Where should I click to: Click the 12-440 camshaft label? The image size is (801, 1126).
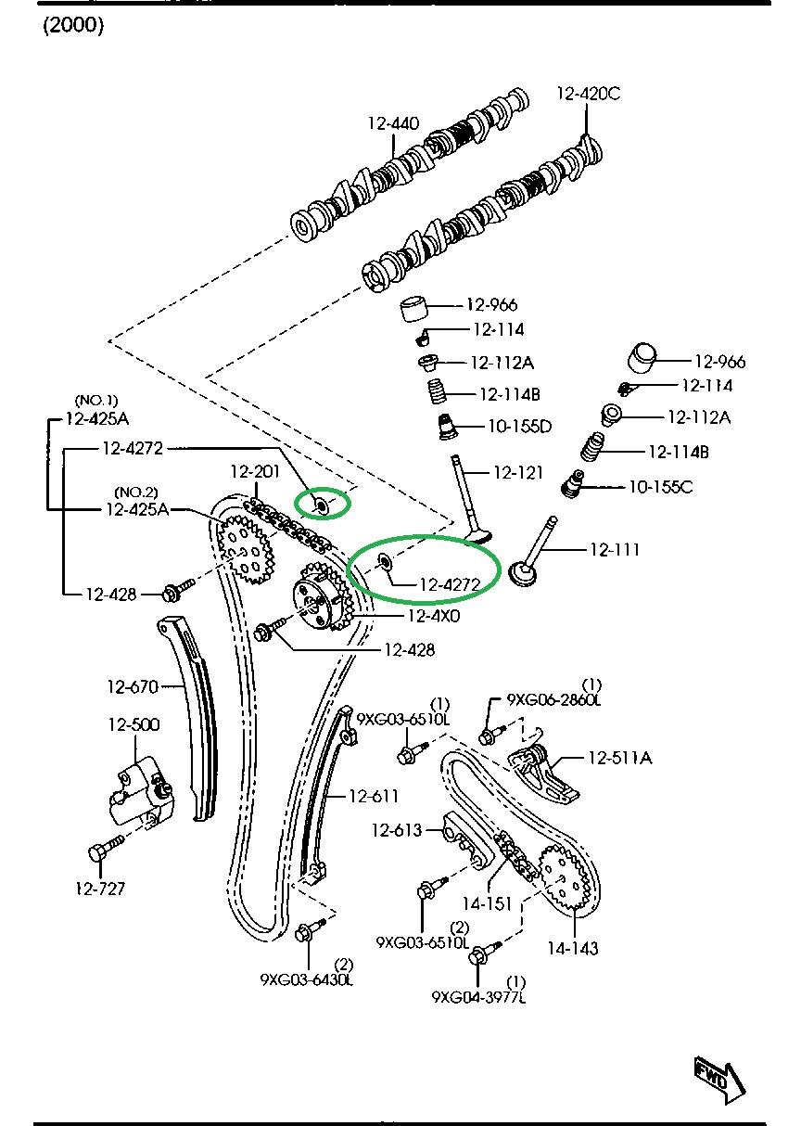(x=393, y=123)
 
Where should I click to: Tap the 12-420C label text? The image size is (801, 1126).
(x=588, y=94)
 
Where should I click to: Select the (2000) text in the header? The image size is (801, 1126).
(x=73, y=26)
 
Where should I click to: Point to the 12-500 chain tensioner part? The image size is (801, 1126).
(x=137, y=791)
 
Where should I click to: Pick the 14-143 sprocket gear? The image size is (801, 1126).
(x=565, y=876)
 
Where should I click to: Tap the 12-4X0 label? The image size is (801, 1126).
(x=433, y=614)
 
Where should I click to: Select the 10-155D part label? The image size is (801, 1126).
(x=519, y=426)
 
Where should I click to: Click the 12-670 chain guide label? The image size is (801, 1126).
(x=133, y=687)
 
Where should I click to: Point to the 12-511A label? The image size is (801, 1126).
(x=619, y=758)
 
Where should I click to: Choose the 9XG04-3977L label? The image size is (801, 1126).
(x=478, y=997)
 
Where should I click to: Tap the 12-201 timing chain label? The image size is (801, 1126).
(x=255, y=471)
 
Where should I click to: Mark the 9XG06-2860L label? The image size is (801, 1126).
(x=553, y=701)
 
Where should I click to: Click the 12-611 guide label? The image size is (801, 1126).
(x=374, y=796)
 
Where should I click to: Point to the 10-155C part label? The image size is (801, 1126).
(x=660, y=486)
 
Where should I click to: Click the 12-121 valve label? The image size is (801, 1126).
(x=517, y=473)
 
